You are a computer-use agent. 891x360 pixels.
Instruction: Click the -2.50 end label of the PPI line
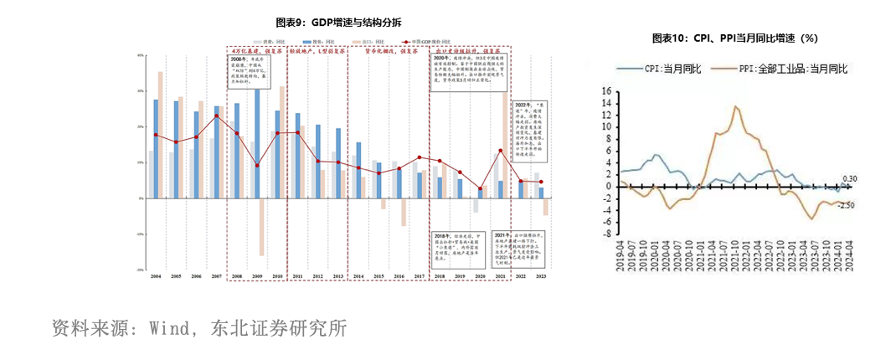click(847, 204)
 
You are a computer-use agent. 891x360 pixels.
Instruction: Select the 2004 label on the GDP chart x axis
click(156, 276)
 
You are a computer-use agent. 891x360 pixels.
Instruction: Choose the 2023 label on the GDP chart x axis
click(541, 276)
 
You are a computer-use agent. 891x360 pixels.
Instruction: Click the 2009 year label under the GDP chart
click(258, 276)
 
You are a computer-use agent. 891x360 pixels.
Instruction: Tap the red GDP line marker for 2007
click(217, 116)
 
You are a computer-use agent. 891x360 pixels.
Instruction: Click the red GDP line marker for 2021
click(501, 151)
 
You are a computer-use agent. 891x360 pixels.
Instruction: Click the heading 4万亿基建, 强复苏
click(256, 50)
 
